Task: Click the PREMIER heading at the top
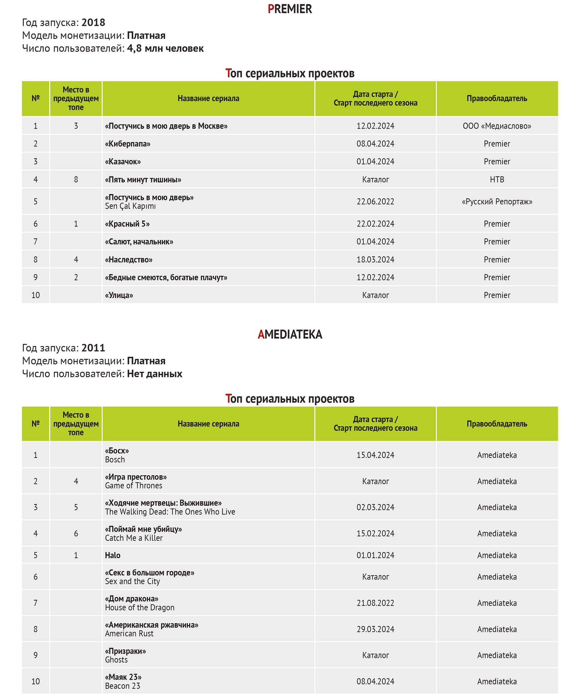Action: pos(290,9)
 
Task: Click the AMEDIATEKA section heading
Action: pos(290,334)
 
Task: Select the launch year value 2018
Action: pos(93,22)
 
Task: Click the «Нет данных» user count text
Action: pos(155,374)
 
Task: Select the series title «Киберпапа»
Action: pos(128,144)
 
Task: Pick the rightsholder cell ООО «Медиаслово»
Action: pos(497,126)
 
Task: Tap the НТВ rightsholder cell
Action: pos(497,179)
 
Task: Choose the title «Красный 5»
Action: pos(127,224)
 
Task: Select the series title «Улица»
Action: pos(119,295)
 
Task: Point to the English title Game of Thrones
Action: pos(133,486)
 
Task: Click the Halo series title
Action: pos(113,555)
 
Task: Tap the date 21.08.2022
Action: pos(375,603)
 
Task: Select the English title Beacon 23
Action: pos(123,686)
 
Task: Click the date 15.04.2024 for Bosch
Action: pos(375,455)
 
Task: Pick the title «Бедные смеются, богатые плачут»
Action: pos(166,277)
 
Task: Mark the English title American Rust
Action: pos(129,634)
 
